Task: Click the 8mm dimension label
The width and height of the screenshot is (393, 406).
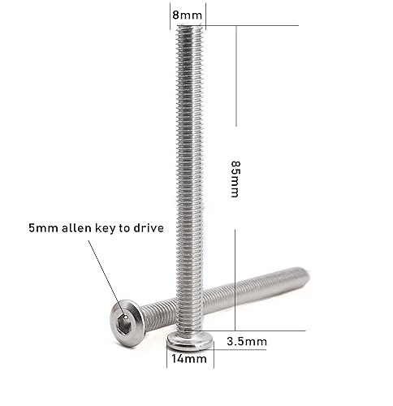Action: coord(187,14)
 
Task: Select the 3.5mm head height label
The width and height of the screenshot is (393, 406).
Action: coord(246,341)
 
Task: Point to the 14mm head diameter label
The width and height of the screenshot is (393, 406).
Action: coord(187,358)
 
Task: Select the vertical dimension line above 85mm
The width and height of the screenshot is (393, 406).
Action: coord(235,77)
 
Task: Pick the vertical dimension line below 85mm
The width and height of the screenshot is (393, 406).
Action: coord(235,280)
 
